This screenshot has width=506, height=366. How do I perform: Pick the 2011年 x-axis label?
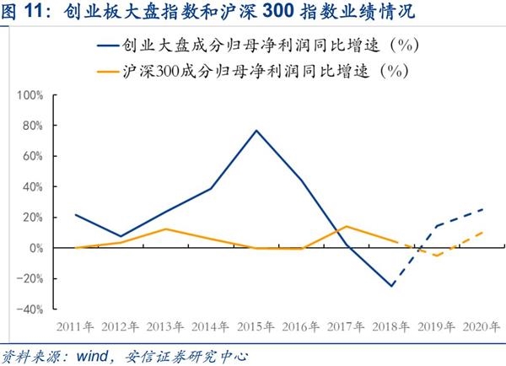click(75, 326)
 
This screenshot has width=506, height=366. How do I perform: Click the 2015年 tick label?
click(256, 326)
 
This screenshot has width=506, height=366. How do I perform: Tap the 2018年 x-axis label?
click(392, 326)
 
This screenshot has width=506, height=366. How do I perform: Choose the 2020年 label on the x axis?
click(482, 326)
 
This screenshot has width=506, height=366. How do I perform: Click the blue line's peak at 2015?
click(256, 131)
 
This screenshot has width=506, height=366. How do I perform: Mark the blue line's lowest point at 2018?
click(392, 286)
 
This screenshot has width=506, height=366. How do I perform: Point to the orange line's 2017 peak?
click(347, 226)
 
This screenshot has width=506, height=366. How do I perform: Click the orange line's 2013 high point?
click(166, 229)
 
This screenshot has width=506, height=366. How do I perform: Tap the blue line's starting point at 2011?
click(75, 214)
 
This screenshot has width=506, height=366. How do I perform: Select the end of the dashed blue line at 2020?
click(483, 209)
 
